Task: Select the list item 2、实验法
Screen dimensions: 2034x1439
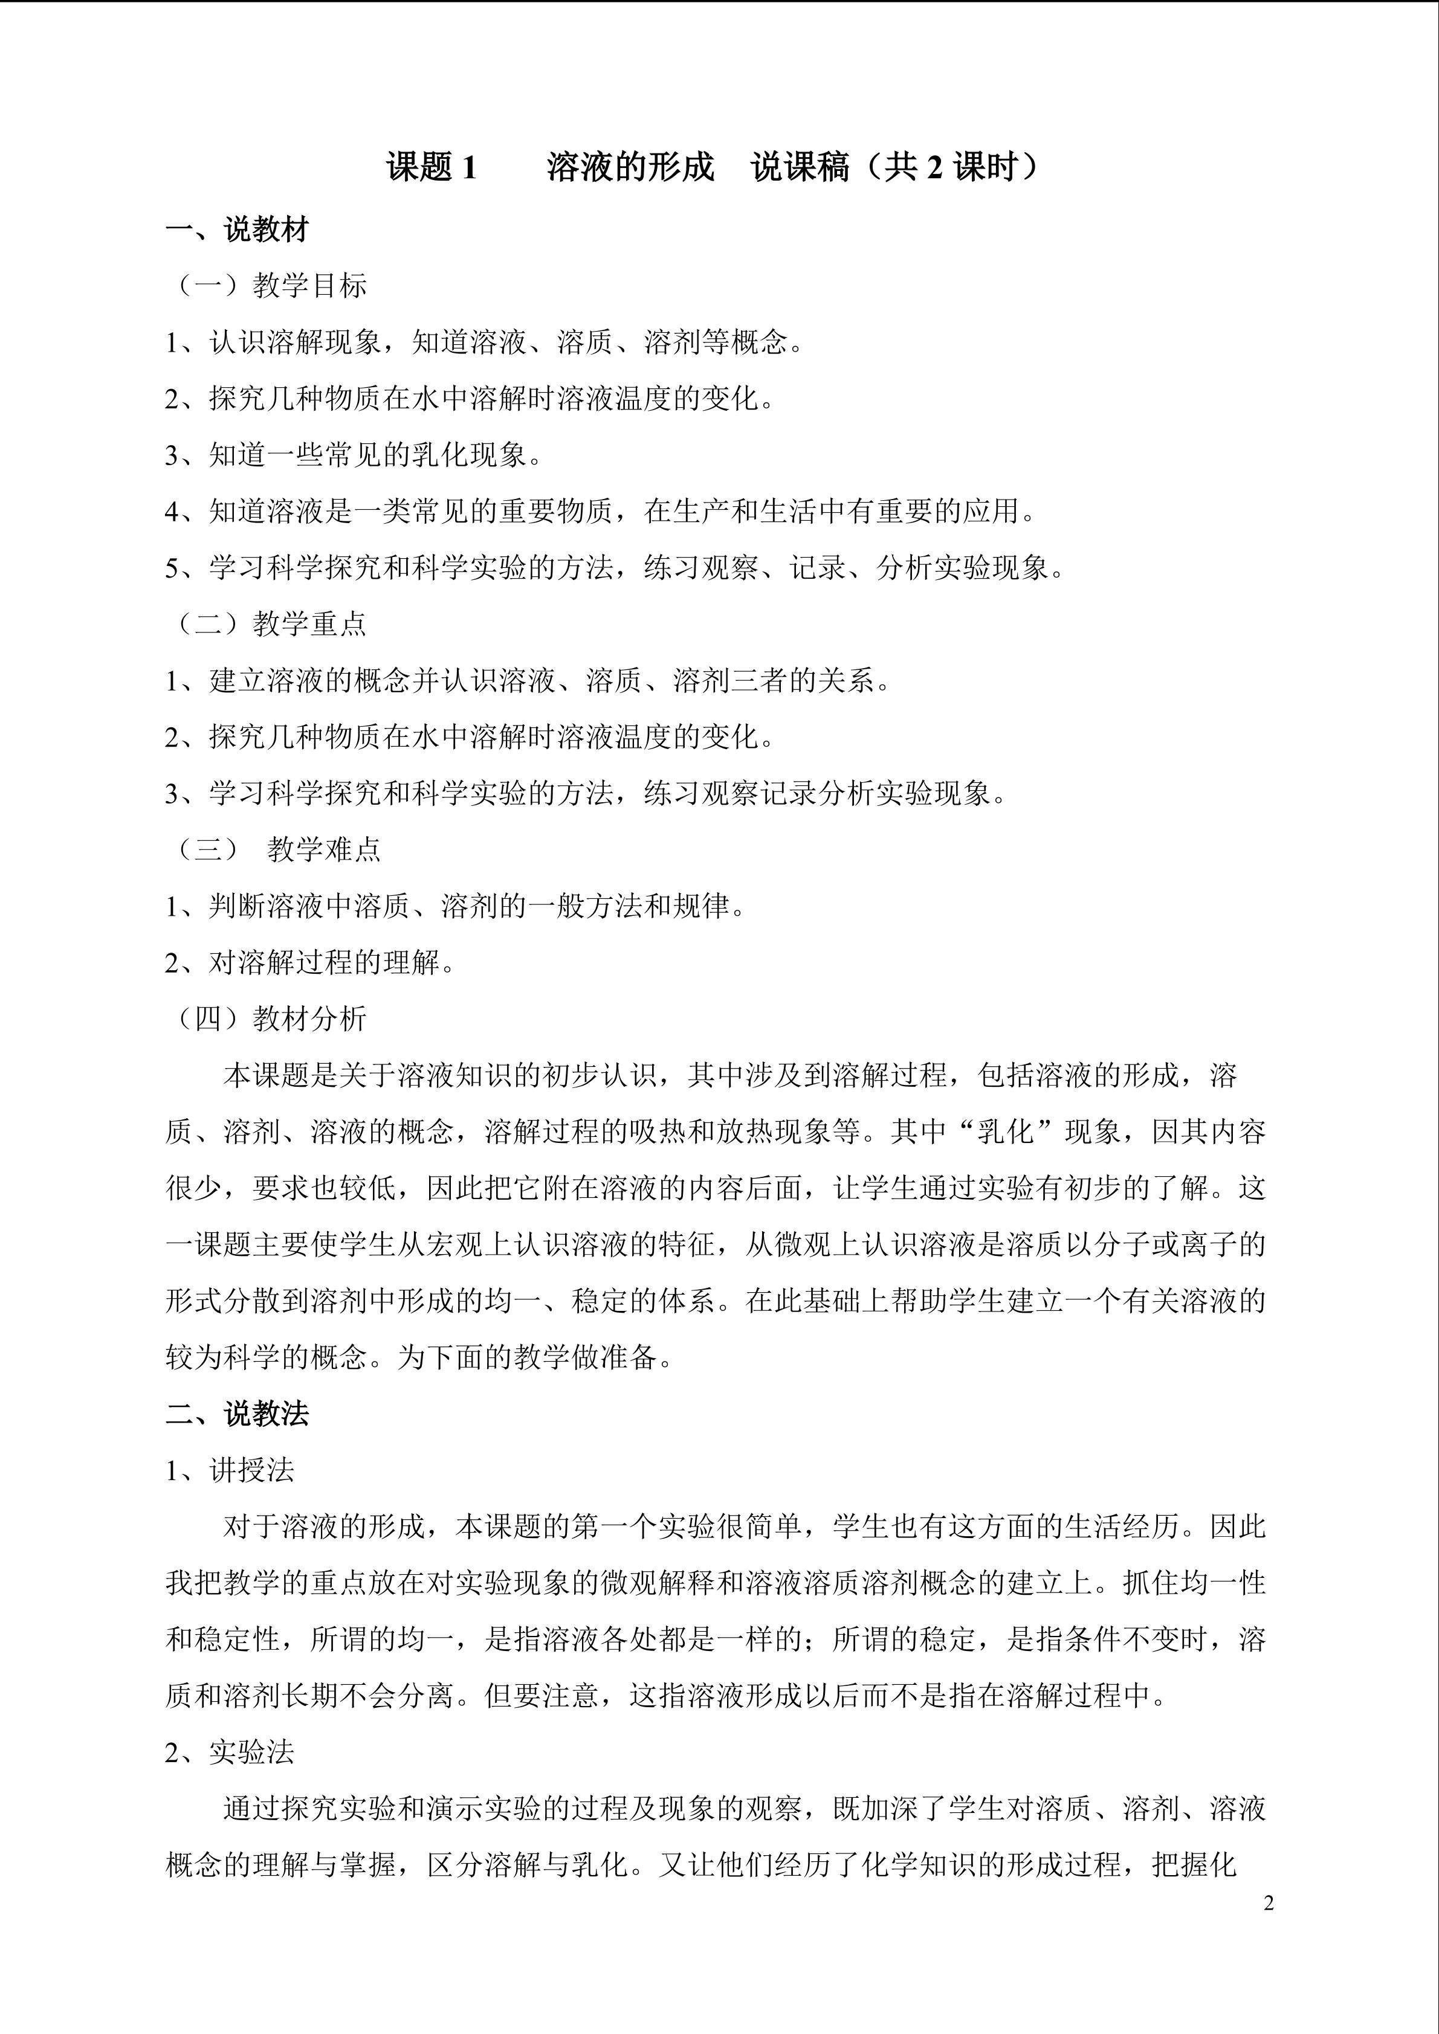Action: pos(230,1752)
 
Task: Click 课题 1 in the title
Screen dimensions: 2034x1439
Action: pos(432,167)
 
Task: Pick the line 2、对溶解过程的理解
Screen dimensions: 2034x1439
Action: pos(310,962)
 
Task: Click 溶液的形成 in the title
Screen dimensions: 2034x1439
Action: pos(630,167)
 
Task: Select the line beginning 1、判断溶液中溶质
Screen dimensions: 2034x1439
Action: pos(454,906)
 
